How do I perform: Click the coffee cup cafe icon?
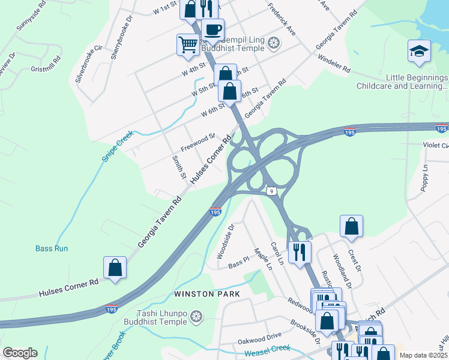pos(212,29)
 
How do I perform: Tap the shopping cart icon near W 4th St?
pos(188,45)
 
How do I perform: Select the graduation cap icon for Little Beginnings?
pos(419,51)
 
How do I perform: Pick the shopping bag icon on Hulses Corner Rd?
pos(115,268)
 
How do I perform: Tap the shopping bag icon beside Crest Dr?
pos(351,226)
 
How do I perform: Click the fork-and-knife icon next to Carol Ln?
pos(299,251)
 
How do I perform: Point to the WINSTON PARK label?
pos(206,294)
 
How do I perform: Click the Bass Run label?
pos(52,248)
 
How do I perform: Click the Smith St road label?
pos(178,167)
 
